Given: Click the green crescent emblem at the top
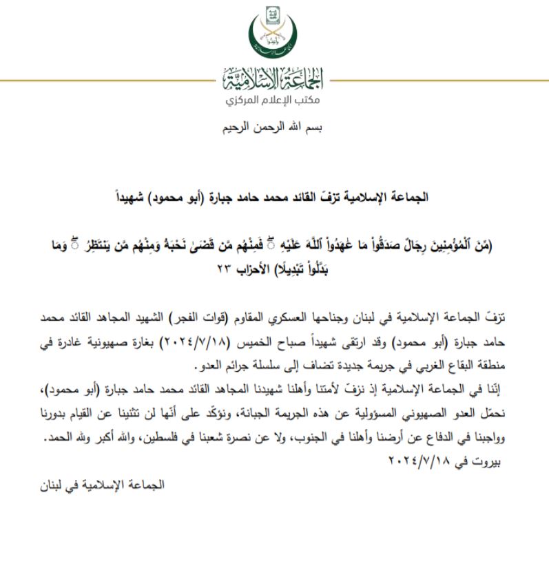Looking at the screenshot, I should click(x=274, y=34).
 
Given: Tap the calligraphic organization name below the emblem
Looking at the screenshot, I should click(x=274, y=81).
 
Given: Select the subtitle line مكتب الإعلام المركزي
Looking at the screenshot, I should click(x=274, y=101).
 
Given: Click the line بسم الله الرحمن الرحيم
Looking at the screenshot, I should click(x=273, y=128).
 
